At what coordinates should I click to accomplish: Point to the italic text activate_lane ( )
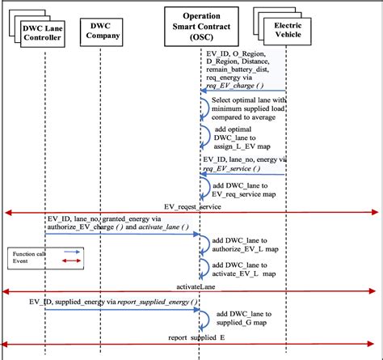166,230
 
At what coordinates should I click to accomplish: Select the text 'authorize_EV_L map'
249,249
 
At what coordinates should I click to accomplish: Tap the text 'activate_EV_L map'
248,274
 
